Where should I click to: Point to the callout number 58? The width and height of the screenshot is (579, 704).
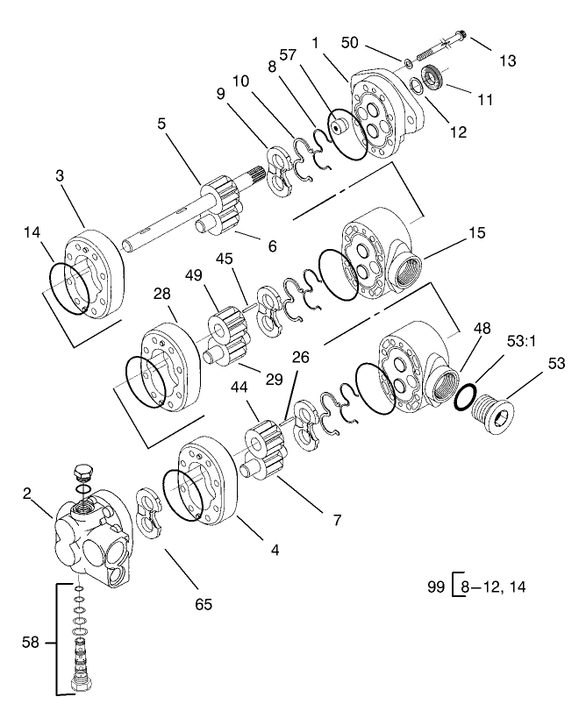point(30,644)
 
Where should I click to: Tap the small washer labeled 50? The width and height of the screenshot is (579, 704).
point(409,63)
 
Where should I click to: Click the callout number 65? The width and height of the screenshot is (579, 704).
point(203,604)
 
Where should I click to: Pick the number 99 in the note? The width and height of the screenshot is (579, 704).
point(435,583)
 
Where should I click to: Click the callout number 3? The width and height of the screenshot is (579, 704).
point(60,176)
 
